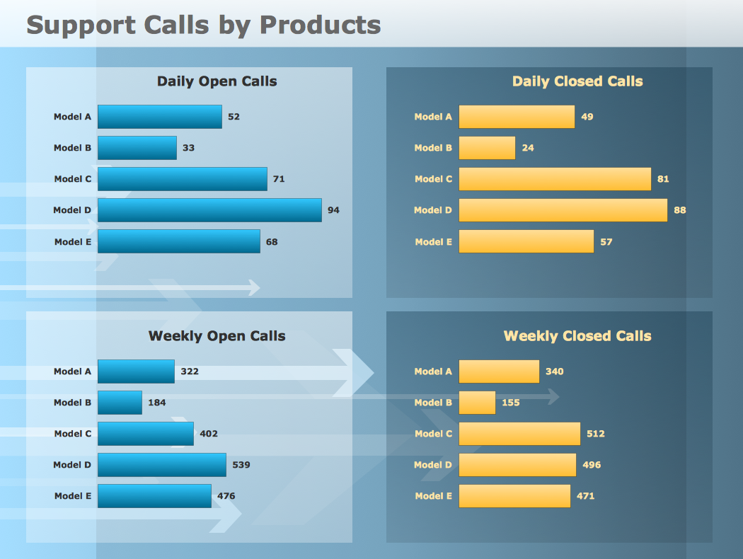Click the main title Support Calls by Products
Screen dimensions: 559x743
204,25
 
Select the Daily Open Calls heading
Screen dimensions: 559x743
217,81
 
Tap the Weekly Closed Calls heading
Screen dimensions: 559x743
577,336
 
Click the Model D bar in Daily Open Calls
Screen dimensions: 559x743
209,210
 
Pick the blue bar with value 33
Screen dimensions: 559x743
137,148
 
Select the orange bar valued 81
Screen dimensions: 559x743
555,179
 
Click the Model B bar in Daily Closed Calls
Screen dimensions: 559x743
487,148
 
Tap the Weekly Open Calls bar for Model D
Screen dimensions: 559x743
162,465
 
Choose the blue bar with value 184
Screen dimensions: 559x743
120,403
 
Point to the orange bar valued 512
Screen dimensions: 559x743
519,434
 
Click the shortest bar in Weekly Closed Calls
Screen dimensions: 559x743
477,403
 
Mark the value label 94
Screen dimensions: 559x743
333,210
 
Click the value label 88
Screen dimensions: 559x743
680,210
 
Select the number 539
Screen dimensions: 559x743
241,465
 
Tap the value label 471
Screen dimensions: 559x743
585,496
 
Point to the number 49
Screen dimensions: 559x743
587,117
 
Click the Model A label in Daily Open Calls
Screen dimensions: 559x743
72,117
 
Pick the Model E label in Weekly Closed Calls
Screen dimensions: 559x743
433,496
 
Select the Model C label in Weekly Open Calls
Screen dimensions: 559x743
73,434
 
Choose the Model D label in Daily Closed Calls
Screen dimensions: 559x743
433,210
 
